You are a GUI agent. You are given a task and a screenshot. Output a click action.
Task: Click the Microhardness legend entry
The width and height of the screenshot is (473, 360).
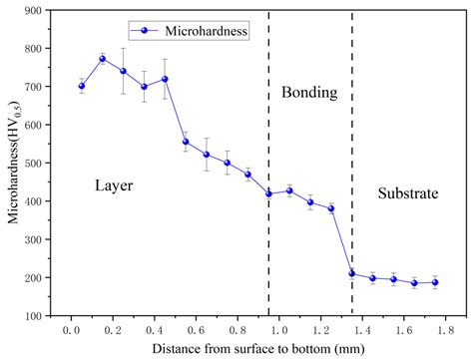tap(196, 31)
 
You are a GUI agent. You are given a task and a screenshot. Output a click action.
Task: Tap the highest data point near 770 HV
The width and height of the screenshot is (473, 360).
tap(102, 59)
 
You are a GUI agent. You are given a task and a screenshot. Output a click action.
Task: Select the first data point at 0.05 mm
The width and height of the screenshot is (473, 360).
tap(81, 86)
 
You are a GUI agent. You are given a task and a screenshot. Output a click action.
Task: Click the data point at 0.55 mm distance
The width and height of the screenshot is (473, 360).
tap(186, 142)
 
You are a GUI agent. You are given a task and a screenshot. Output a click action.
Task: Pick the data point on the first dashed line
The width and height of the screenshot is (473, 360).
tap(268, 193)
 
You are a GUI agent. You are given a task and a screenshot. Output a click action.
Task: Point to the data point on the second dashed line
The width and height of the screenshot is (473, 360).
tap(352, 273)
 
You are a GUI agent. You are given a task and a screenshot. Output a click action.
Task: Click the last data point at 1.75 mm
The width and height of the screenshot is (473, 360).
tap(435, 282)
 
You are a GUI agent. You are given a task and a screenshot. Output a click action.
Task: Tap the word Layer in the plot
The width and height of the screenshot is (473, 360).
tap(114, 185)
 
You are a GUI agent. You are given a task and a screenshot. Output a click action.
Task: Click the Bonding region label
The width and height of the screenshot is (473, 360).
tap(309, 93)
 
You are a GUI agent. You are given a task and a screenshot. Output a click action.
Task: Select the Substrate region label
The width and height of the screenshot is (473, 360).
tap(407, 194)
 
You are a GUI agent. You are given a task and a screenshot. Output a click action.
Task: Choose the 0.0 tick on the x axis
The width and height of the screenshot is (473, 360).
tap(71, 328)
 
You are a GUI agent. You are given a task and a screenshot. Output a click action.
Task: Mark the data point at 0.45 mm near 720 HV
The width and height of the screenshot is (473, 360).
tap(165, 79)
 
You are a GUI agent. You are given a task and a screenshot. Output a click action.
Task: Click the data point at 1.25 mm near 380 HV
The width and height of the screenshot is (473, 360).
tap(331, 208)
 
